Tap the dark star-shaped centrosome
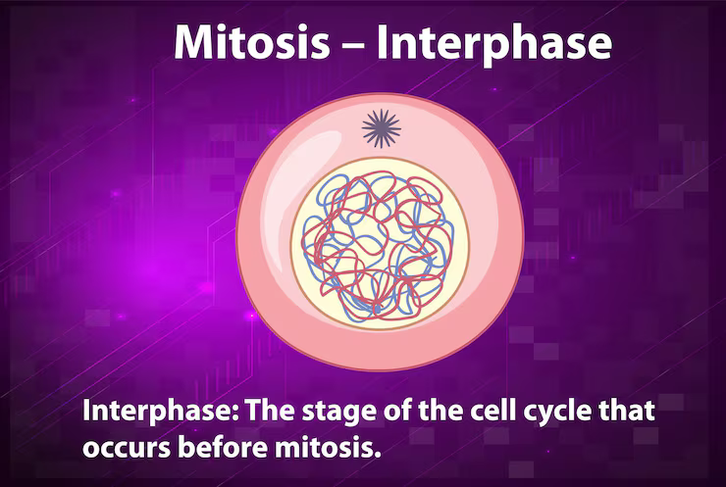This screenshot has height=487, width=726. pyautogui.click(x=382, y=127)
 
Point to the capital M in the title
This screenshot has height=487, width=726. pyautogui.click(x=192, y=45)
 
